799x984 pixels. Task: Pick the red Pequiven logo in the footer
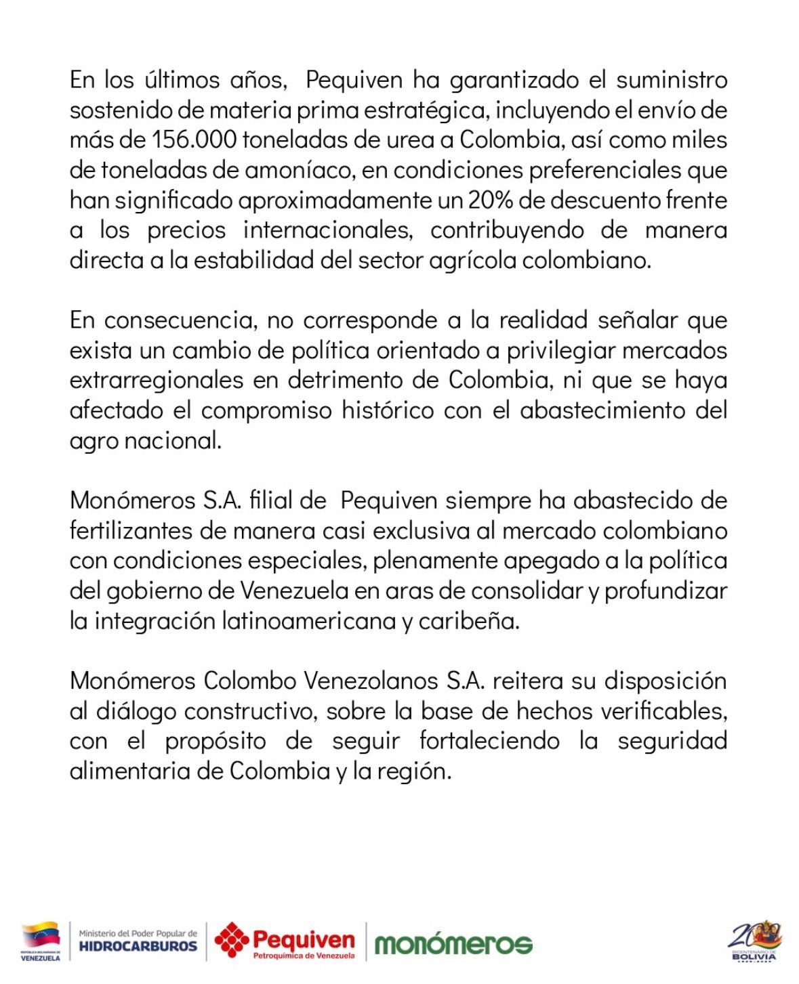285,941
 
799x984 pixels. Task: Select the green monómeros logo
453,943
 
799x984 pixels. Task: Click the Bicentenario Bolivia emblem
754,940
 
